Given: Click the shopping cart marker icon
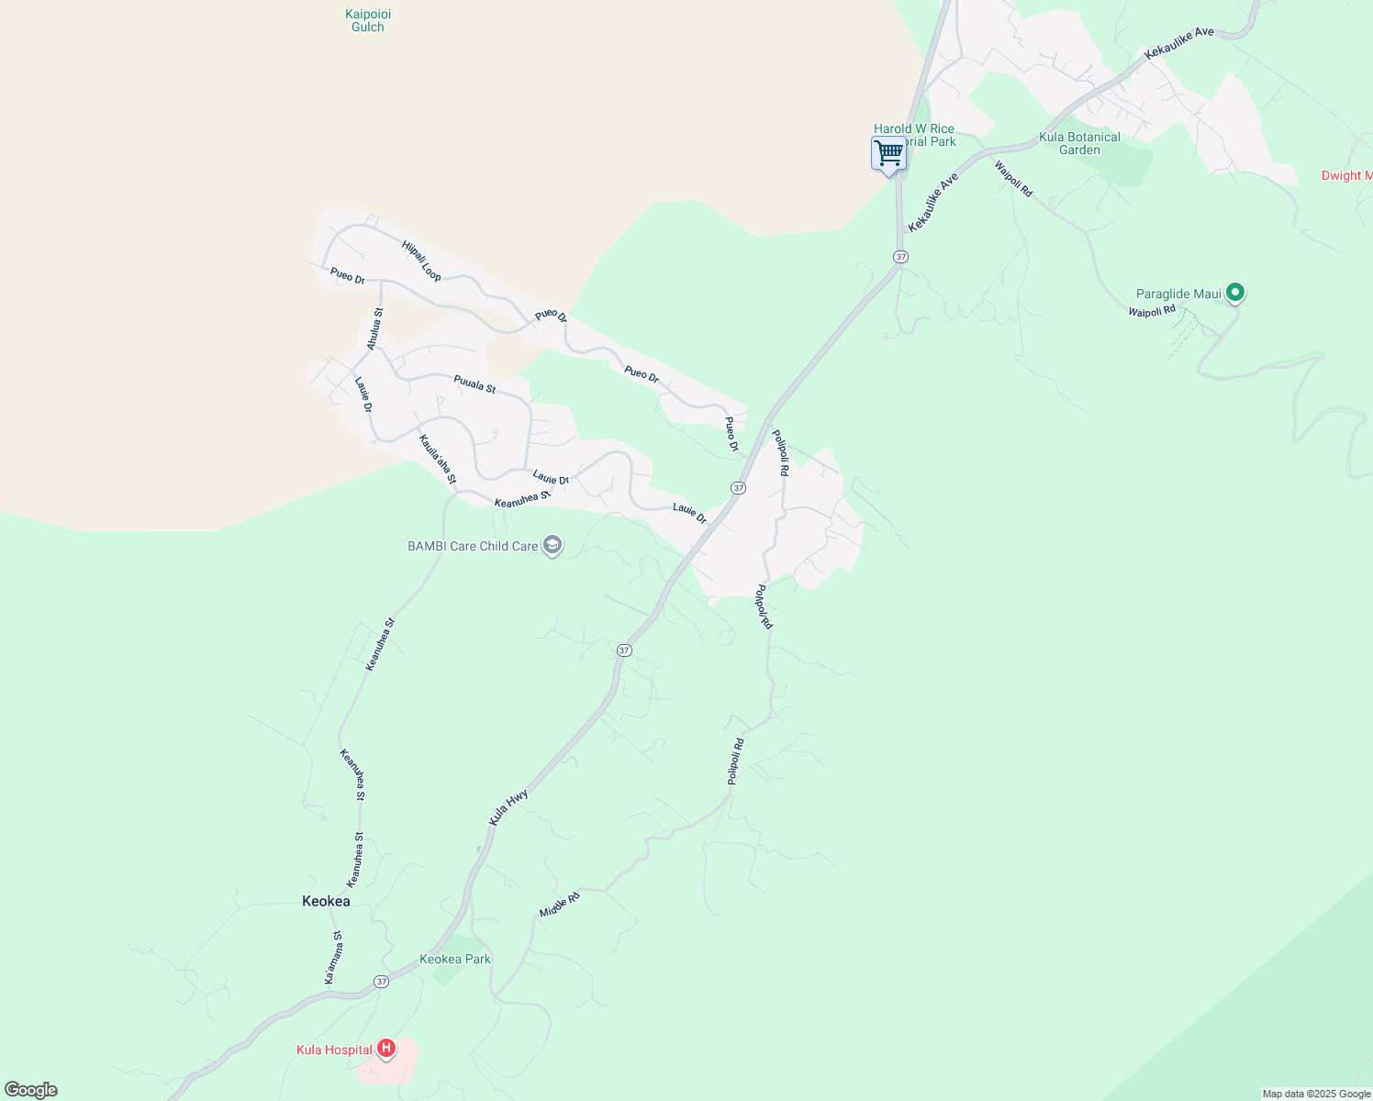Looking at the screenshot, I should (x=888, y=153).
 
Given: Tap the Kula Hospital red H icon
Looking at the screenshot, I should (x=386, y=1048).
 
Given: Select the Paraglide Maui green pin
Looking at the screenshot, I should (x=1235, y=293).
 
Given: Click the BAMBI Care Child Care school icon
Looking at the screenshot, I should (x=553, y=546).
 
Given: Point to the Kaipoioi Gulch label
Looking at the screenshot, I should (x=368, y=20).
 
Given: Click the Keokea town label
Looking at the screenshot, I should (x=326, y=901).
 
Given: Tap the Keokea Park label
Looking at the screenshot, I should (x=455, y=959).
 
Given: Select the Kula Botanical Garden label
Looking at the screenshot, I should (x=1079, y=143).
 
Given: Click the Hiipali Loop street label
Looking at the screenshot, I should (x=421, y=261).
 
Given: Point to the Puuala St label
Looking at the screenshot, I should (x=474, y=384).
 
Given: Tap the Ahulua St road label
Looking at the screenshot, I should (x=374, y=328).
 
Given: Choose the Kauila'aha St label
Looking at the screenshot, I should (x=438, y=459).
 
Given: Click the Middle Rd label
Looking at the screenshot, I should (x=560, y=905).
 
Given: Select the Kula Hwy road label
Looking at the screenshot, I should (x=508, y=807).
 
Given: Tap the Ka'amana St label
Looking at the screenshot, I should (x=334, y=958).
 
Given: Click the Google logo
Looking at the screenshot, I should (x=30, y=1090).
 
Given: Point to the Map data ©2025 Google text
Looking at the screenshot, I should (x=1316, y=1094).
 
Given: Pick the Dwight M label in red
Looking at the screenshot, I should (x=1346, y=175).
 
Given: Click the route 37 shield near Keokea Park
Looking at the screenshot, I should (x=382, y=982).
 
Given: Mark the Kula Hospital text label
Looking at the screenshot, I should (x=334, y=1050).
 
